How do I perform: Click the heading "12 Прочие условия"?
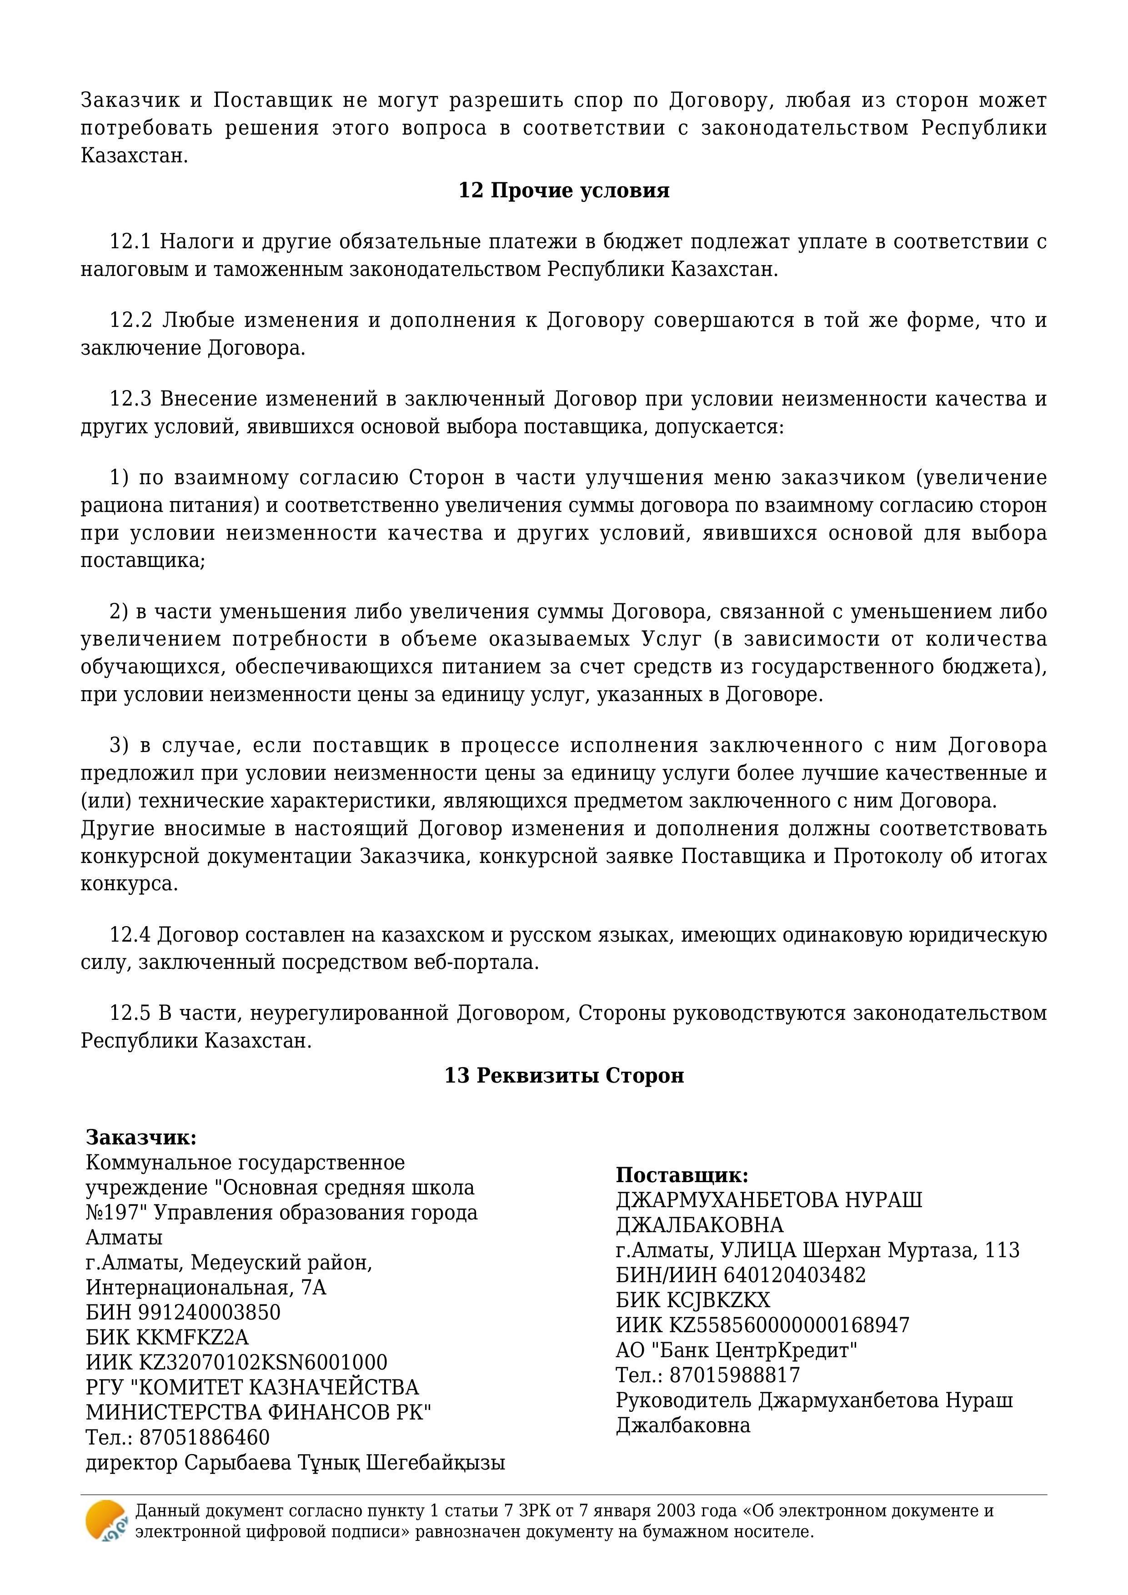coord(563,191)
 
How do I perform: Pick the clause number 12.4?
coord(130,935)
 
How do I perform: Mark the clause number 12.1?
coord(130,242)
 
